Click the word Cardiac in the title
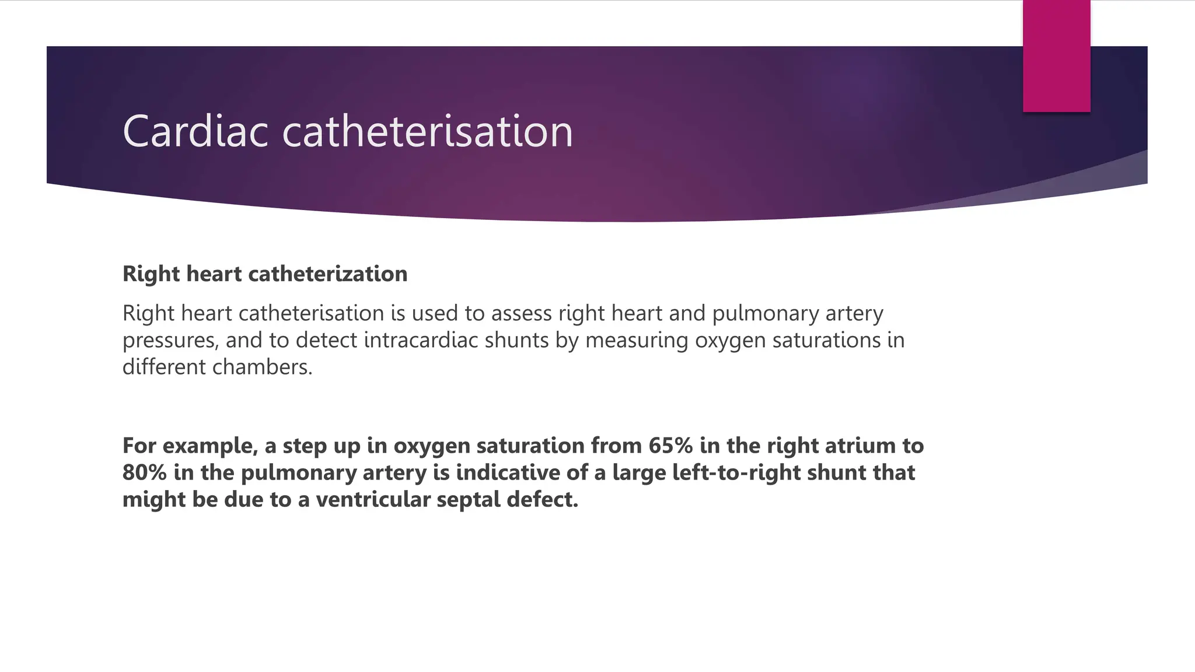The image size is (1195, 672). tap(195, 131)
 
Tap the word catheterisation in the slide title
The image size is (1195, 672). tap(428, 131)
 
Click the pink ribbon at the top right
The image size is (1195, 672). tap(1056, 55)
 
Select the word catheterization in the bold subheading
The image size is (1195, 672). tap(327, 274)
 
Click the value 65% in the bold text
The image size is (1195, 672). tap(670, 446)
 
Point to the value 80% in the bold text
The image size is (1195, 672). tap(145, 473)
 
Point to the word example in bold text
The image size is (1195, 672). tap(211, 446)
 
